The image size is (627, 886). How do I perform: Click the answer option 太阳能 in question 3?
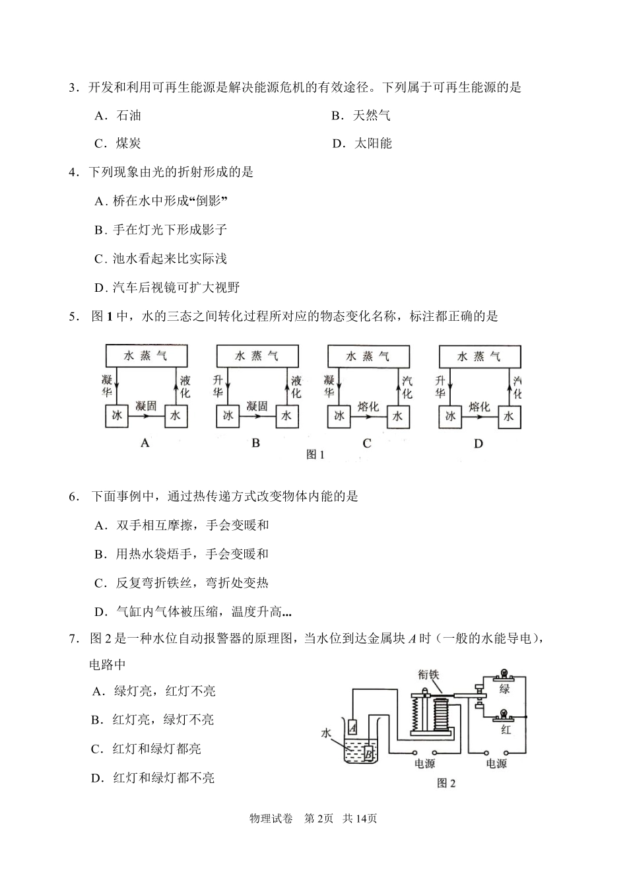[x=373, y=143]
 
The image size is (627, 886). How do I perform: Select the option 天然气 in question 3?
[x=371, y=116]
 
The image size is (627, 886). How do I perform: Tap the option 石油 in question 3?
[x=129, y=116]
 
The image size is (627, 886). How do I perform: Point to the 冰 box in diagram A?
[x=117, y=416]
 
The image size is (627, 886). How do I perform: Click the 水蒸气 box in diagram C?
[x=368, y=357]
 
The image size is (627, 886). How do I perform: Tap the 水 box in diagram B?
[x=286, y=416]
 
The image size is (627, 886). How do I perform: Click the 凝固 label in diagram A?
[x=146, y=406]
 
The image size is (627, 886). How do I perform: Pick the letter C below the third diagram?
[x=367, y=444]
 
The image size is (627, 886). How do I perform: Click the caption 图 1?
[x=315, y=454]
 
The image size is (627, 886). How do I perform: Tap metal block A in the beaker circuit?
[x=352, y=727]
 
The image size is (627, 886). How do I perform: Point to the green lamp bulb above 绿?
[x=505, y=675]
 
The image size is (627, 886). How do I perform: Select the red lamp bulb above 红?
[x=505, y=715]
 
